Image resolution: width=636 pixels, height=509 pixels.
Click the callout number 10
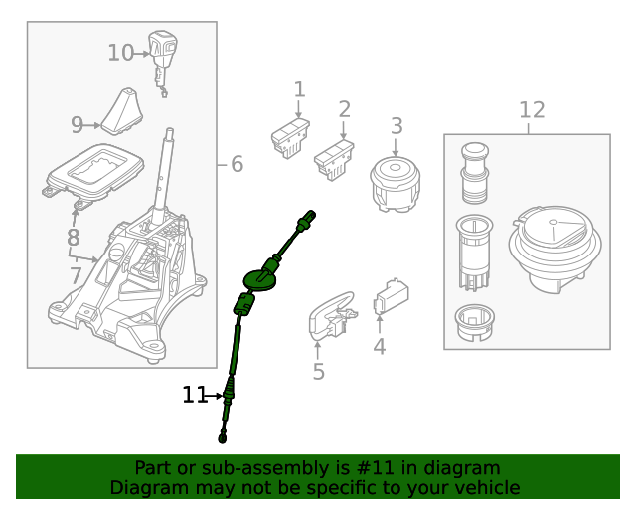[120, 53]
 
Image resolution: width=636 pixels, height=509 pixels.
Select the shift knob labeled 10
[162, 48]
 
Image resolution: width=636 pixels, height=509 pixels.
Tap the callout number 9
[78, 125]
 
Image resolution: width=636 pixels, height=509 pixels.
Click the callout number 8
[73, 238]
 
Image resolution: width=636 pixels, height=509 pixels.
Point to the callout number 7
[76, 274]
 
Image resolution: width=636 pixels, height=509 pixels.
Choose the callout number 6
[237, 164]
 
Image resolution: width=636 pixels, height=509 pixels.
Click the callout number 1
[299, 90]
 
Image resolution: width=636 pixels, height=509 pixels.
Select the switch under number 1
[290, 137]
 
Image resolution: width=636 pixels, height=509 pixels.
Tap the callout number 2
[345, 109]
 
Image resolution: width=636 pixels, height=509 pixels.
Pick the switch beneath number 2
[334, 157]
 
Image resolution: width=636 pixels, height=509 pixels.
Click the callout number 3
[397, 126]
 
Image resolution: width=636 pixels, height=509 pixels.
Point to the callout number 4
[379, 347]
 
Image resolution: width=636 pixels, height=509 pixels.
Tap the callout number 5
[318, 372]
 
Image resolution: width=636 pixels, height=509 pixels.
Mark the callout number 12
[532, 109]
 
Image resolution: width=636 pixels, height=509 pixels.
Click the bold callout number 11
[193, 396]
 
